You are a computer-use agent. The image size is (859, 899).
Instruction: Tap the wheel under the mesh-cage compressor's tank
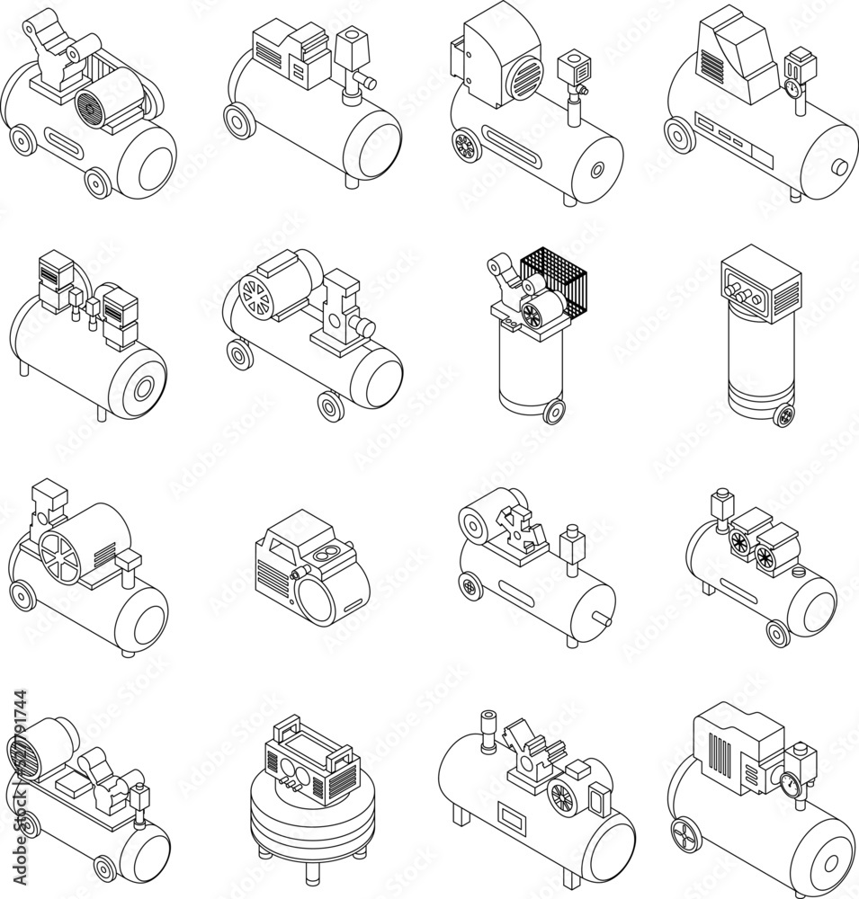pos(554,410)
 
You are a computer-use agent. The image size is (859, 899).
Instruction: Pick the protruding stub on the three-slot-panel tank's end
pos(840,167)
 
